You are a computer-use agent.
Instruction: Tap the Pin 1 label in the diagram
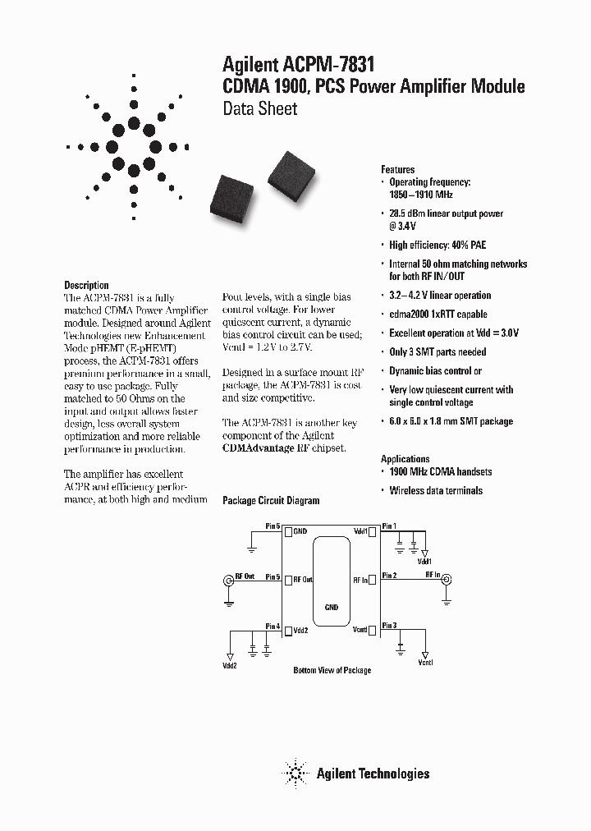coord(388,526)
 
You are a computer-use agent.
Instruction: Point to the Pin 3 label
coord(388,626)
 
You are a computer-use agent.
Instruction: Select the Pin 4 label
coord(273,627)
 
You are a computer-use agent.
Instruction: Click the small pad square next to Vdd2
coord(288,630)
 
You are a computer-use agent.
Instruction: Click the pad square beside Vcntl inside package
coord(373,630)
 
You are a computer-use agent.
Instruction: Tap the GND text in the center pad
coord(332,608)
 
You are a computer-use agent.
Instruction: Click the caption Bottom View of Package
coord(332,671)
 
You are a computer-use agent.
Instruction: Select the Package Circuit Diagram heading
coord(271,500)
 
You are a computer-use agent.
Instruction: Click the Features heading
coord(397,169)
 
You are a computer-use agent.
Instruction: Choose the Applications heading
coord(405,459)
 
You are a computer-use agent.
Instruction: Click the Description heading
coord(86,285)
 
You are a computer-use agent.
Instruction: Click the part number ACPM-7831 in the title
coord(328,65)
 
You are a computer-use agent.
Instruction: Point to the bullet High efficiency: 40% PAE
coord(438,245)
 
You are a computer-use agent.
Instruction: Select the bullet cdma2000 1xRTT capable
coord(438,314)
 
